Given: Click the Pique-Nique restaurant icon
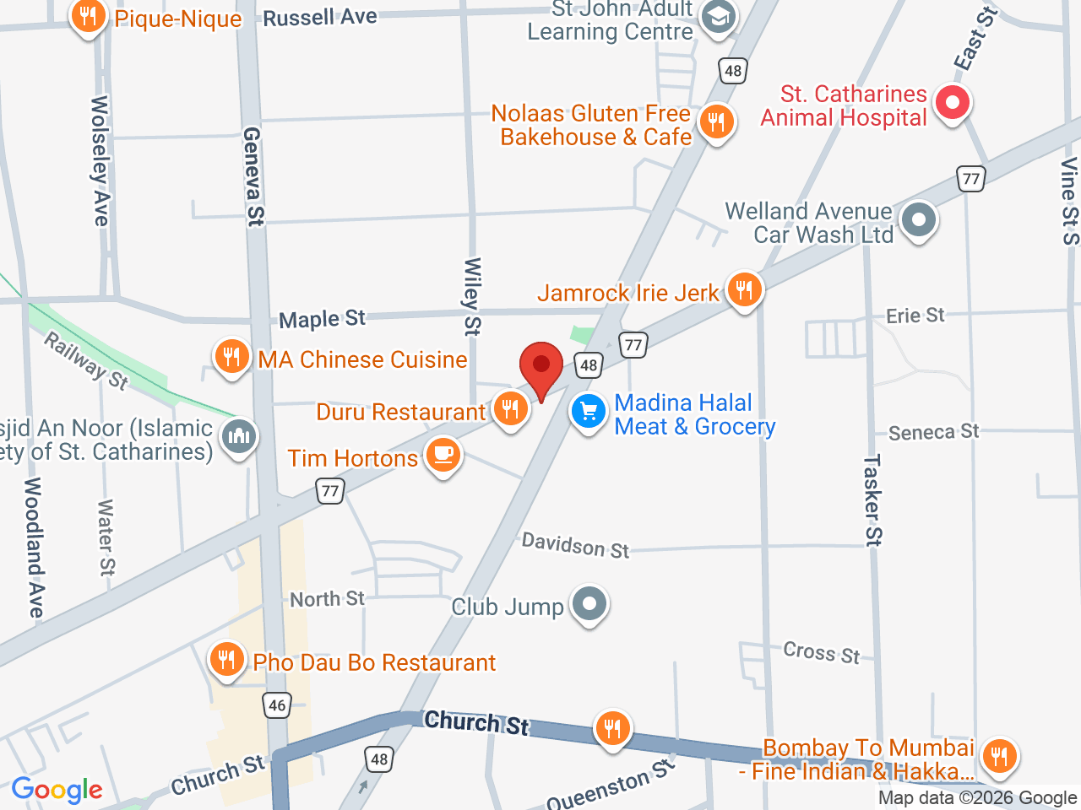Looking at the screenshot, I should [x=88, y=16].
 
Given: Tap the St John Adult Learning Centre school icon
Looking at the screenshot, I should [x=719, y=18].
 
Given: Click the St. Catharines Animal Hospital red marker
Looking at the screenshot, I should [x=953, y=104].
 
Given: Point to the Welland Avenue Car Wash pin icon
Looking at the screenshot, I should [x=919, y=220].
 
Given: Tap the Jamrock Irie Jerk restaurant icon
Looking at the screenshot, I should [x=743, y=291].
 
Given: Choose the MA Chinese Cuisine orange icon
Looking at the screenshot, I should [x=231, y=357].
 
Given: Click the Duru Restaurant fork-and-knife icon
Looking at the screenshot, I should [x=510, y=410].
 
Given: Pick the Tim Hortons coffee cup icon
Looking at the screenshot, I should [x=443, y=456].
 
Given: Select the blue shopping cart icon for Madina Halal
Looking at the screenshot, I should [x=589, y=413].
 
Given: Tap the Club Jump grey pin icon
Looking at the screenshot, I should [x=589, y=604].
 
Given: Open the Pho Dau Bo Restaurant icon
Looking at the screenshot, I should [x=226, y=660].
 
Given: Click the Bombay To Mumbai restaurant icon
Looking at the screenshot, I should [x=999, y=756].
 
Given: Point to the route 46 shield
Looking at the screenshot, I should [x=277, y=705].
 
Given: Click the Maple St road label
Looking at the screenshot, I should [x=322, y=319].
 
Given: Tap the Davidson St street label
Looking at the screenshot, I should [x=575, y=546].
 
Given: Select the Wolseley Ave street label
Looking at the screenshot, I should [x=100, y=160].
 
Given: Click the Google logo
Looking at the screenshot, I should [x=57, y=791].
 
